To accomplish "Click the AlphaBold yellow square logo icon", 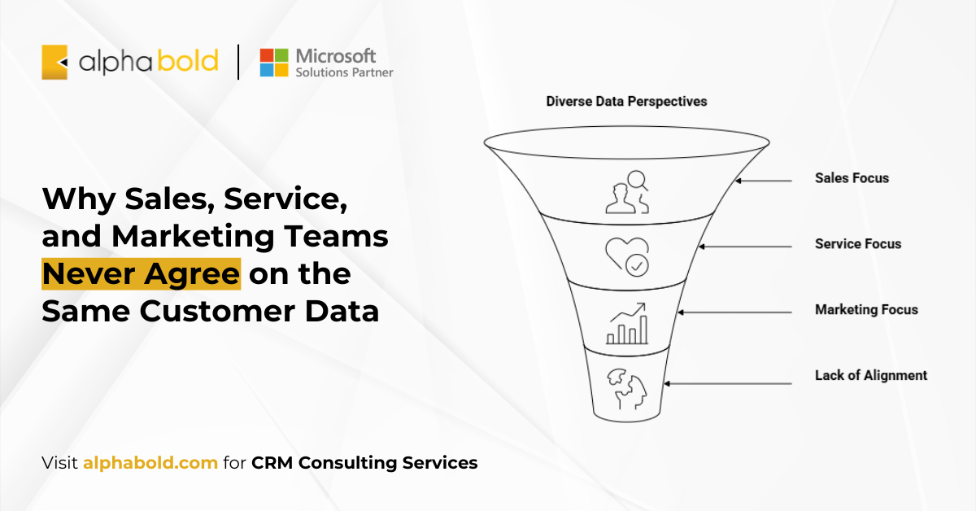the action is coord(54,63).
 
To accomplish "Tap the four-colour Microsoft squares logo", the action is coord(274,63).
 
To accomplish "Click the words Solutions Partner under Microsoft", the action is coord(344,72).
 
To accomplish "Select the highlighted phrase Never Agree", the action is coord(142,274).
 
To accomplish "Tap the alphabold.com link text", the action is coord(150,463).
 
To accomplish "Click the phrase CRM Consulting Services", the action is coord(364,463).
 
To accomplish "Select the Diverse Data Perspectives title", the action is coord(626,102).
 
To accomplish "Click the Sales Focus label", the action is coord(852,178).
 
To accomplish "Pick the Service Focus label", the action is coord(858,244).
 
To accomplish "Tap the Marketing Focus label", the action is coord(866,309).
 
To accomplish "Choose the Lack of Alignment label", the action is coord(871,375).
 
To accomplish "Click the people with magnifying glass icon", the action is coord(627,192).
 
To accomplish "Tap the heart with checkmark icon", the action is coord(627,257).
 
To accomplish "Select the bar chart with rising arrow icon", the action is coord(627,324).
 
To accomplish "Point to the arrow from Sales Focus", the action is coord(764,181).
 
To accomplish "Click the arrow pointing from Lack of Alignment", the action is coord(728,384).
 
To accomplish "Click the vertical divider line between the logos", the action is coord(238,62).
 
